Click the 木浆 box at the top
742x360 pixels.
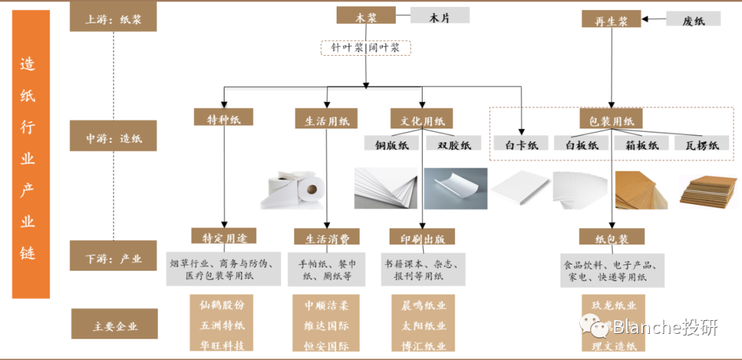click(366, 16)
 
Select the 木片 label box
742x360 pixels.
click(440, 16)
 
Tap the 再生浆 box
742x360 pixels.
click(611, 19)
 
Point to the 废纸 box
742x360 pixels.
click(693, 19)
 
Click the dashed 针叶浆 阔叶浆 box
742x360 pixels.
click(366, 48)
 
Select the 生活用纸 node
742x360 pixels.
click(326, 119)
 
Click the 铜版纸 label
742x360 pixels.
click(392, 144)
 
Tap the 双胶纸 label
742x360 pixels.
click(451, 144)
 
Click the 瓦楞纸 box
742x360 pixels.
click(701, 144)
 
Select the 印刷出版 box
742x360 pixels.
click(422, 238)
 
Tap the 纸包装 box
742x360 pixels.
click(611, 238)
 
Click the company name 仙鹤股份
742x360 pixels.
click(222, 304)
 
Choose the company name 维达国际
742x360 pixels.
click(326, 325)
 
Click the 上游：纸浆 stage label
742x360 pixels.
click(113, 19)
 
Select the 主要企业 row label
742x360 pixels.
click(114, 325)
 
